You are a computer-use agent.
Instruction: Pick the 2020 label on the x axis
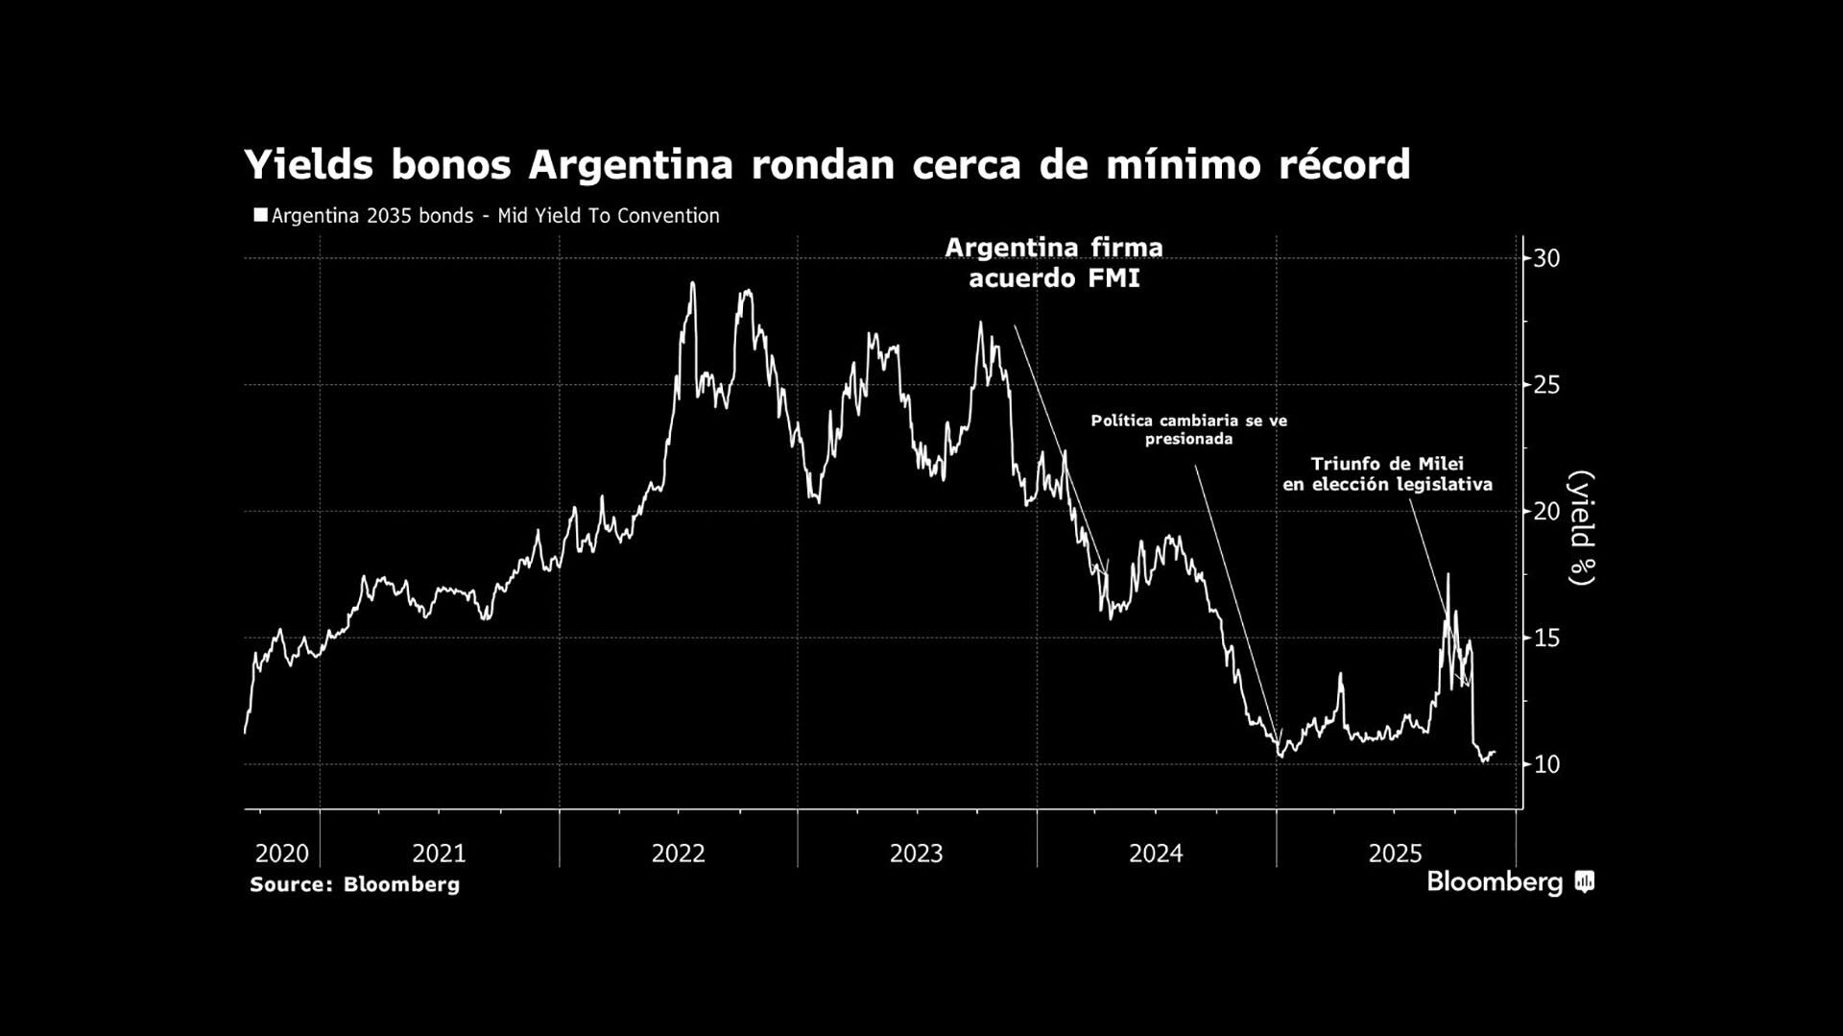[x=282, y=853]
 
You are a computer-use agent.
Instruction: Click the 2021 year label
[x=439, y=853]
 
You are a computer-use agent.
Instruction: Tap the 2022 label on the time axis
[x=679, y=853]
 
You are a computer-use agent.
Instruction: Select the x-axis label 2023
[x=917, y=853]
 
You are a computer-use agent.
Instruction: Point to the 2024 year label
[x=1156, y=853]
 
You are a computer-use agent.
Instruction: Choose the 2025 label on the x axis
[x=1395, y=853]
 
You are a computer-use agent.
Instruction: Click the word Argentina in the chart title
[x=631, y=165]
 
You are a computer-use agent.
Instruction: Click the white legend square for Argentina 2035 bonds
[x=260, y=215]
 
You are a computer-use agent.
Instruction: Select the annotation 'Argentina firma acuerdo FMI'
[x=1054, y=262]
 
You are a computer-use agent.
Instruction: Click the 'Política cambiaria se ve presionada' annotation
[x=1188, y=429]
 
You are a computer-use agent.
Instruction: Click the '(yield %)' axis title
[x=1581, y=527]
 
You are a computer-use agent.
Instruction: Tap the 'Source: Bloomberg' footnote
[x=354, y=884]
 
